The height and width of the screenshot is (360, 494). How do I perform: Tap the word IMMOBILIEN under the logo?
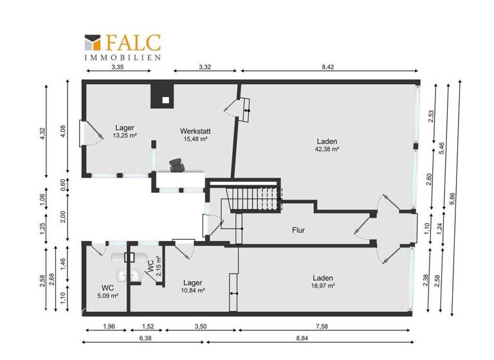coord(123,57)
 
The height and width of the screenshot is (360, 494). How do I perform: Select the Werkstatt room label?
coord(195,131)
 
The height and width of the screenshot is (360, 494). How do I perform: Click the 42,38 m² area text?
coord(327,148)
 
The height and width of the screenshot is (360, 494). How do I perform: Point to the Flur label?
coord(298,230)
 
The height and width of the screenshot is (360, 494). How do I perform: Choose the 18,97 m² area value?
coord(323,285)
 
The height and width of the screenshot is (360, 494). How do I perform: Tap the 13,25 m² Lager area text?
coord(125,136)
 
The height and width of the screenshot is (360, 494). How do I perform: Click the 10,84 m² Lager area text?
coord(193,291)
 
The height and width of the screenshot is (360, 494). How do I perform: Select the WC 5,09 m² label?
coord(107,296)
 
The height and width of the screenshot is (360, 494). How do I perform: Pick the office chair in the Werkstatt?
coord(176,165)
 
